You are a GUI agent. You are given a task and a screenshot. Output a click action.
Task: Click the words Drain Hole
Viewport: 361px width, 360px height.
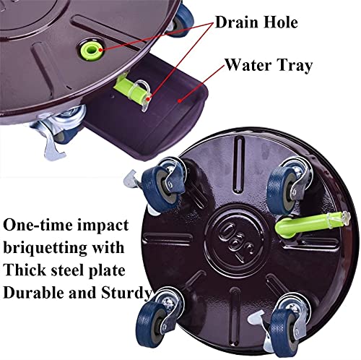(x=256, y=22)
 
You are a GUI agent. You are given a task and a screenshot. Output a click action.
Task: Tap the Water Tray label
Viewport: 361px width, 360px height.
(x=269, y=65)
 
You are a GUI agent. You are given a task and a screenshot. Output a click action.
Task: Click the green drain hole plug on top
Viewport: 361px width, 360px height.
(x=92, y=49)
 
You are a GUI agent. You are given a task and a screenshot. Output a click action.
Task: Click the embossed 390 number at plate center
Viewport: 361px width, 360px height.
(x=237, y=242)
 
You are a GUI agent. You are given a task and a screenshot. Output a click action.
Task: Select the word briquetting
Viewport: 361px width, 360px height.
(x=45, y=248)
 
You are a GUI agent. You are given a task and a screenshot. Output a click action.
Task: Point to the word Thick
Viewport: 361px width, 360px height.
(x=25, y=270)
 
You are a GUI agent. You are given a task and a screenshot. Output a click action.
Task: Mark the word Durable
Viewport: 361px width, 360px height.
(x=34, y=293)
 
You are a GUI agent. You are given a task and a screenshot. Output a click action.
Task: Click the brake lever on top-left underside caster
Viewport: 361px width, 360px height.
(x=131, y=180)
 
